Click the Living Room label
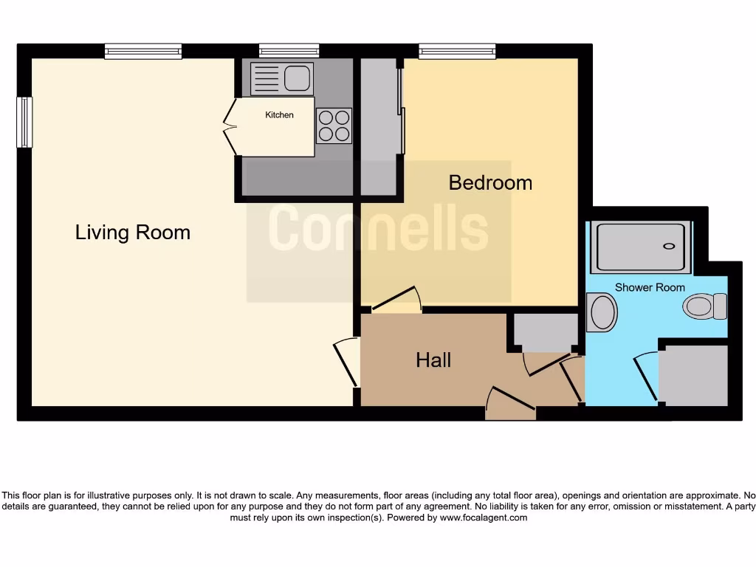pos(133,233)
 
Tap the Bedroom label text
pos(490,182)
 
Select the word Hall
pos(433,360)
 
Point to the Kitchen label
pos(279,114)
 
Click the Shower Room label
pos(650,287)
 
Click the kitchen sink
pos(282,78)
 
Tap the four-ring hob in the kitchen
pos(334,126)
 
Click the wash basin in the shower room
pos(602,312)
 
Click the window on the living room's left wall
pos(25,122)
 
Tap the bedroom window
pos(457,51)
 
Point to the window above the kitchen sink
pos(289,51)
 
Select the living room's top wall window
pos(143,51)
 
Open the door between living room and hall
pos(346,362)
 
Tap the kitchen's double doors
pos(230,126)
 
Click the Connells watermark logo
pos(378,228)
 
